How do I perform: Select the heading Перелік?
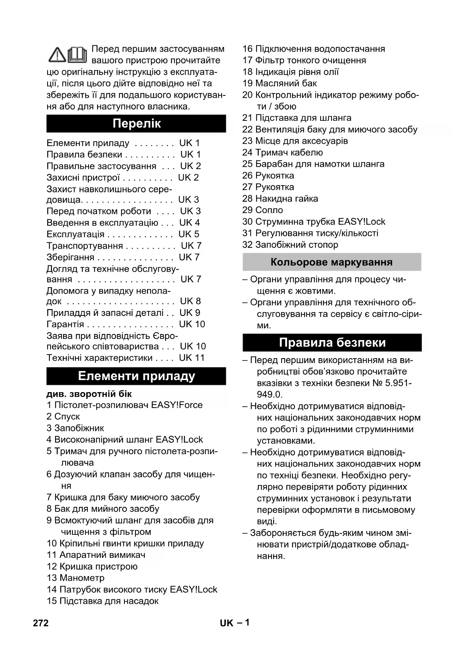[x=136, y=123]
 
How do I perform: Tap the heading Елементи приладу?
[x=136, y=376]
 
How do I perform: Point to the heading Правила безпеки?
[x=332, y=342]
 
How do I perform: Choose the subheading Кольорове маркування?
[x=331, y=262]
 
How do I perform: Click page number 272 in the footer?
[x=41, y=623]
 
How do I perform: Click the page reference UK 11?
[x=192, y=358]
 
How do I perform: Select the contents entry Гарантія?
[x=65, y=324]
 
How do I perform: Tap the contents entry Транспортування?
[x=84, y=246]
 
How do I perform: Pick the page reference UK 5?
[x=189, y=234]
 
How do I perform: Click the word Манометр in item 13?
[x=82, y=578]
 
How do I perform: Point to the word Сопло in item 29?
[x=269, y=210]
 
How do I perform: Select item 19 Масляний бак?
[x=279, y=83]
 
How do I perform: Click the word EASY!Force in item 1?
[x=177, y=405]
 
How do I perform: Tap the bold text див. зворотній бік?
[x=89, y=394]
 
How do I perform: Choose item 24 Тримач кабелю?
[x=282, y=152]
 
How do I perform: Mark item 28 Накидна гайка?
[x=280, y=199]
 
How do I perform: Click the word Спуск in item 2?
[x=67, y=417]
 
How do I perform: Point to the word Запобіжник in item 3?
[x=79, y=428]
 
